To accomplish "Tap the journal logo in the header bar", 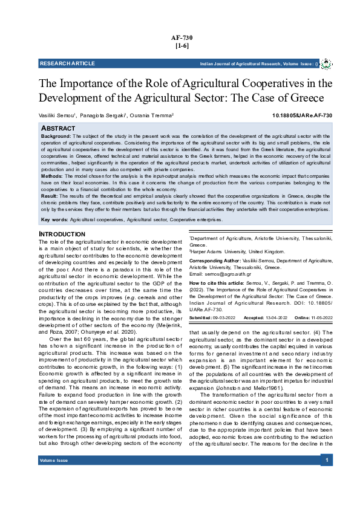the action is pyautogui.click(x=326, y=63).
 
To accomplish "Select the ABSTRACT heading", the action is pyautogui.click(x=58, y=129).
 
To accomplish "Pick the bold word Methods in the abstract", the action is pyautogui.click(x=51, y=176).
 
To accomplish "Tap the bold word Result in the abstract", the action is pyautogui.click(x=49, y=196).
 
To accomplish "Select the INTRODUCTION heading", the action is pyautogui.click(x=62, y=234).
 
